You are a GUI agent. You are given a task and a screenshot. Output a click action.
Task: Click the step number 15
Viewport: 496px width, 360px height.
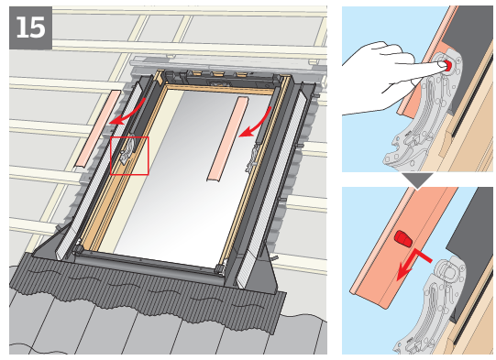click(30, 27)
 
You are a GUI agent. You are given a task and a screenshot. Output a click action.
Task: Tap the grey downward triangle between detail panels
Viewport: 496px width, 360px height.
click(419, 180)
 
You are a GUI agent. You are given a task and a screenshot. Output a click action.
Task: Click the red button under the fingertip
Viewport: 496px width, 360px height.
click(446, 66)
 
